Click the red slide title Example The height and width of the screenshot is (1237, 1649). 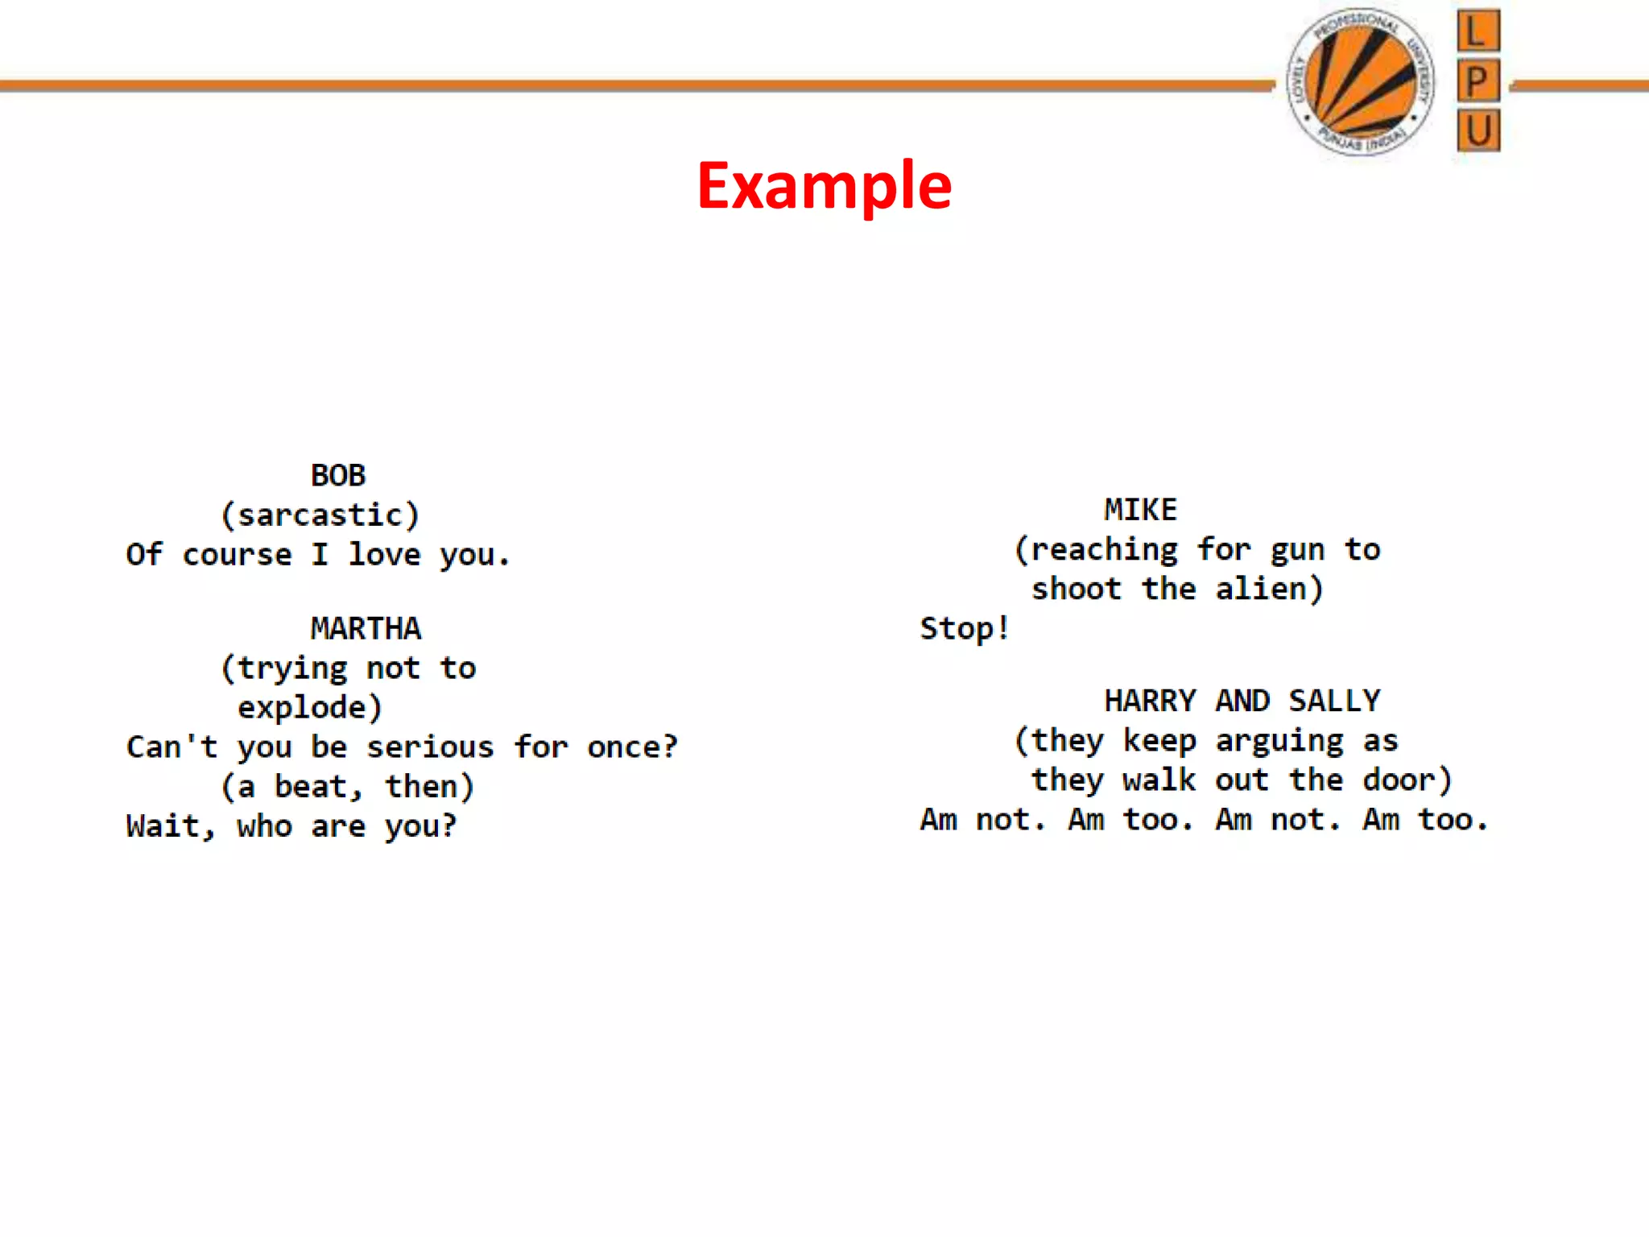[824, 186]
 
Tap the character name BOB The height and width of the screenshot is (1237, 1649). [338, 475]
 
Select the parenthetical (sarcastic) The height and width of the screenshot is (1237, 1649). [320, 515]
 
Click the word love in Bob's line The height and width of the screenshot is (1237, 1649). [384, 555]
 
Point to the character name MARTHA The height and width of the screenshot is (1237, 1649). [366, 628]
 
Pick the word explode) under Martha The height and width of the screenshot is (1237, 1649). [310, 707]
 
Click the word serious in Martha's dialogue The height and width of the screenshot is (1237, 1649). [430, 747]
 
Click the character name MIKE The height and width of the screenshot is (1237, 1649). [1140, 510]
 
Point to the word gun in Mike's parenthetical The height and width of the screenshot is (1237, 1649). [1297, 550]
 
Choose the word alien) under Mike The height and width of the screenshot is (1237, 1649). [1269, 589]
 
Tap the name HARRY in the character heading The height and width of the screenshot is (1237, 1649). [1149, 701]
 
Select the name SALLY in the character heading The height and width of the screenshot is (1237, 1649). [1334, 701]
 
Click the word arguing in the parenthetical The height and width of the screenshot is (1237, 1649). [1279, 741]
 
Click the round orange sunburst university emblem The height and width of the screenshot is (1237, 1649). [1361, 81]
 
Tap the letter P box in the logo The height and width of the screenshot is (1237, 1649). [1478, 81]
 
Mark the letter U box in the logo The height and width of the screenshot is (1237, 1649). [1478, 130]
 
